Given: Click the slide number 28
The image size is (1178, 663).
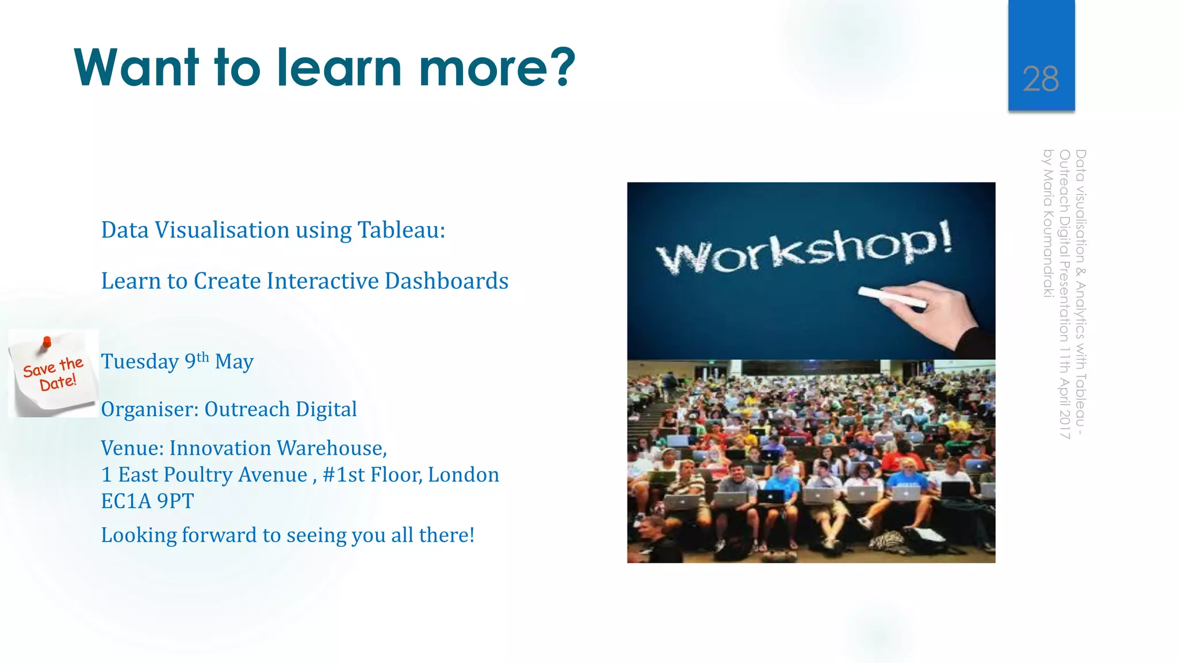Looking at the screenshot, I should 1041,79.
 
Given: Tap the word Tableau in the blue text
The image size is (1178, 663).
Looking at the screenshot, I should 401,230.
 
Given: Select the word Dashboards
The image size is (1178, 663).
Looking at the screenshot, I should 446,281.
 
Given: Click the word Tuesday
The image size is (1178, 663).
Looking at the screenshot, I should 140,362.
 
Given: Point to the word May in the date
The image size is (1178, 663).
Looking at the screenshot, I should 234,362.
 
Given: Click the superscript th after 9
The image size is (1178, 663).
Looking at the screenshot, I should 202,357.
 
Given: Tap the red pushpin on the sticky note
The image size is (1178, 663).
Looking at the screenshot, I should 47,343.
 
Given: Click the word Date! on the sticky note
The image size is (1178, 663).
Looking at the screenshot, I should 58,382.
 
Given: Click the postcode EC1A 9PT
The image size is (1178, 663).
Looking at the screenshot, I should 147,501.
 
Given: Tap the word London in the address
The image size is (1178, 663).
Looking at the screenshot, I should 464,475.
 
